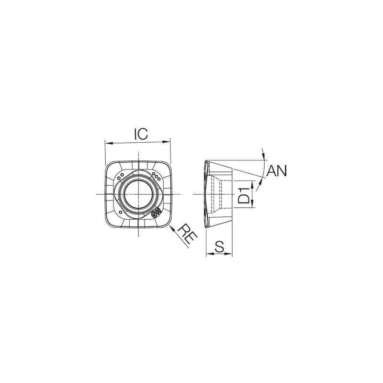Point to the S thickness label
pos(220,246)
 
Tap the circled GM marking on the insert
pos(156,214)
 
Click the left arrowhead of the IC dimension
pos(107,143)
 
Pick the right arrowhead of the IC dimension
pos(168,142)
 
